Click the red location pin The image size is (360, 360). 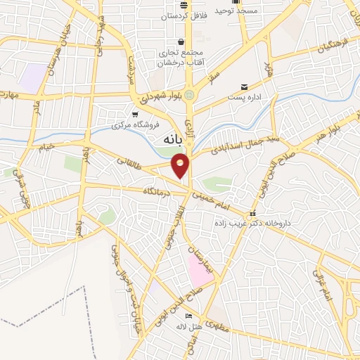(x=181, y=166)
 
